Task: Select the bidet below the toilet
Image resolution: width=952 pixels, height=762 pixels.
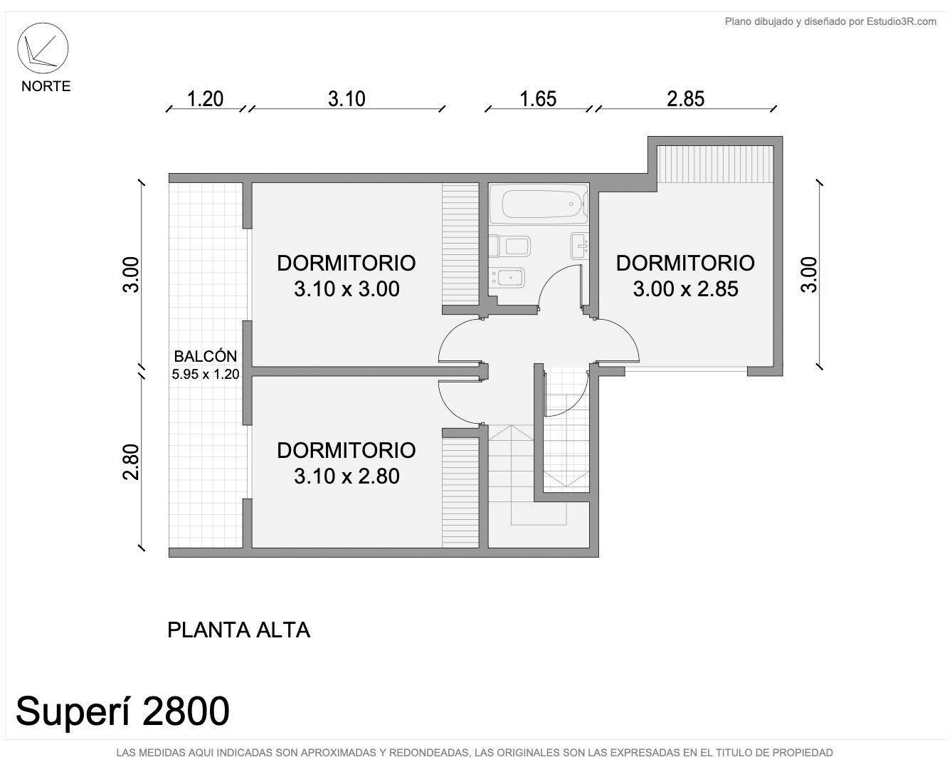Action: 509,278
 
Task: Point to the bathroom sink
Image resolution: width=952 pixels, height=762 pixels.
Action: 579,246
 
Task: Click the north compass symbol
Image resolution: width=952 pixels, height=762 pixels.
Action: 43,48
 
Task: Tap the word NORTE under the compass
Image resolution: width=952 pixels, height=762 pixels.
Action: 46,86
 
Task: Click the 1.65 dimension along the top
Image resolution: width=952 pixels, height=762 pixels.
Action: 538,99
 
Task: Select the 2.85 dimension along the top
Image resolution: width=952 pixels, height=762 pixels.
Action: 686,99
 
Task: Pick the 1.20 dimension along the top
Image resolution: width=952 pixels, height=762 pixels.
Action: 205,99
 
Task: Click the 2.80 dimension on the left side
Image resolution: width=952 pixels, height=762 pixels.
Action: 132,461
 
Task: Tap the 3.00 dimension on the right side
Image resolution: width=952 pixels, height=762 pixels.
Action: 809,274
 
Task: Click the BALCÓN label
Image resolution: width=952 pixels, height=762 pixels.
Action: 205,356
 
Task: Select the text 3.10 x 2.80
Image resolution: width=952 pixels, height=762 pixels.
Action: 347,476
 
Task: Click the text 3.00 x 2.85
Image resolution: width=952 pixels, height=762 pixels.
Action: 686,288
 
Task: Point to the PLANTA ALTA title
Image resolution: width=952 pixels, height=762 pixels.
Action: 239,630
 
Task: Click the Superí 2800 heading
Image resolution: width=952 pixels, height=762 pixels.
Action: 122,711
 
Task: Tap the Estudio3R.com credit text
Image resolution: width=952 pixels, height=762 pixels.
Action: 830,21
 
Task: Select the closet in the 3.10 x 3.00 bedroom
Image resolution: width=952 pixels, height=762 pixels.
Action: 460,244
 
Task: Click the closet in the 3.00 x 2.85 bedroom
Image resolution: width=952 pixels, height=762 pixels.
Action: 715,165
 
